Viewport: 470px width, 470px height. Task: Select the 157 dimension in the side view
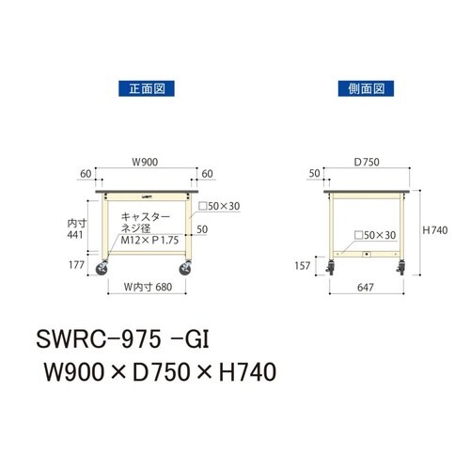301,266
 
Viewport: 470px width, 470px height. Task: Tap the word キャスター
145,216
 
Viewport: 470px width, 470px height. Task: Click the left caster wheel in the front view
101,274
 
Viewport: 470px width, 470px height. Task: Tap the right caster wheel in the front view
188,274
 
